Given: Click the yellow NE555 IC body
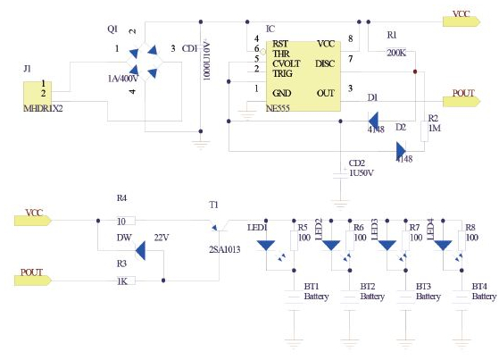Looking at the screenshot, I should [x=304, y=73].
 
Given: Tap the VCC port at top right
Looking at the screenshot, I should [x=465, y=15].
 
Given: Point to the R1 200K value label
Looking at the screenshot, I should [x=396, y=52].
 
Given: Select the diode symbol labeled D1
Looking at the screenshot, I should [x=374, y=118].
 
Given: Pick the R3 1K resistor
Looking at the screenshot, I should [x=125, y=280].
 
